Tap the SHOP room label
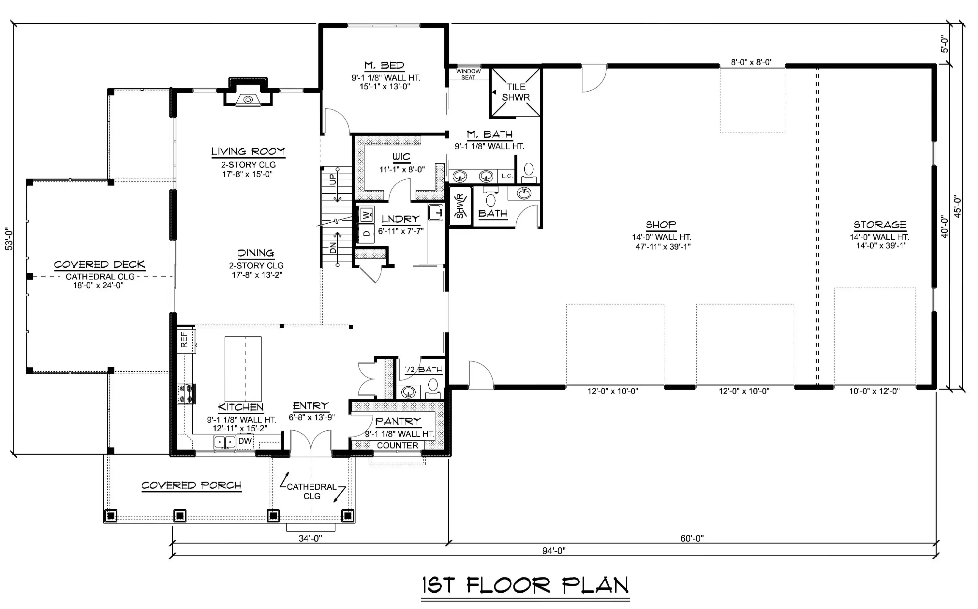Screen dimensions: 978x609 (661, 225)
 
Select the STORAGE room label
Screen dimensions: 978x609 (880, 225)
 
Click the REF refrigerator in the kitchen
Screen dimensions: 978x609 (186, 341)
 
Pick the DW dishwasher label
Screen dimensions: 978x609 (245, 441)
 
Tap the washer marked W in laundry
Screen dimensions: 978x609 (365, 215)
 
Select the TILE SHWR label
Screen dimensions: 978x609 (516, 92)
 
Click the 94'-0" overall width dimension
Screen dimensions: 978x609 (554, 551)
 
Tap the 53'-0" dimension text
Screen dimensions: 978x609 (9, 239)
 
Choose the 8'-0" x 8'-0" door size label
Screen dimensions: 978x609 (752, 62)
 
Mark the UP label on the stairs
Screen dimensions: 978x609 (333, 180)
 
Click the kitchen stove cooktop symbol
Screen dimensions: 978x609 (187, 394)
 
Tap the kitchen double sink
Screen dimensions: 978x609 (225, 442)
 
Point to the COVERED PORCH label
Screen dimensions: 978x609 (191, 485)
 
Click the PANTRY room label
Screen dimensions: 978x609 (398, 421)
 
